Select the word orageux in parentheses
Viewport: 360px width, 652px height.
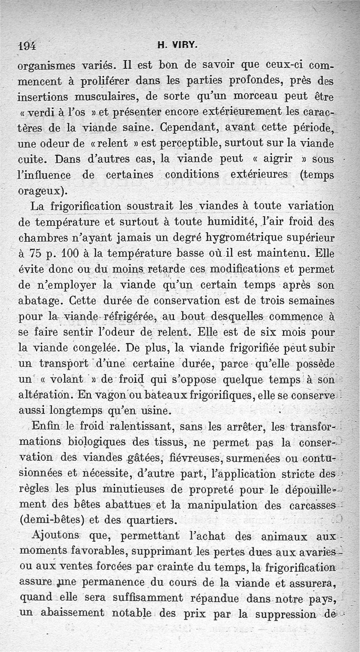(x=40, y=190)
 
